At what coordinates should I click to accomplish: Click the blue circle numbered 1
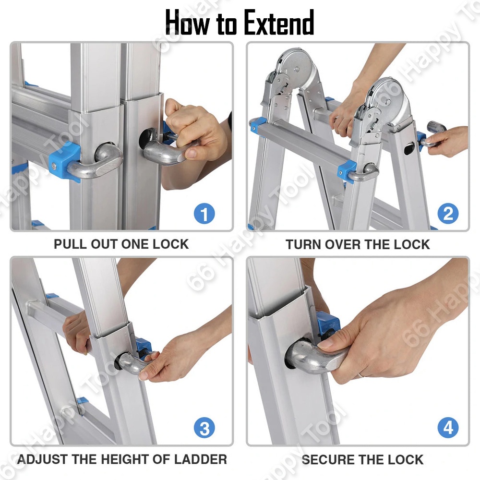click(x=204, y=214)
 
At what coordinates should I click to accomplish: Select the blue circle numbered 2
click(x=448, y=214)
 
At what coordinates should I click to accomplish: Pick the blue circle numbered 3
click(x=204, y=428)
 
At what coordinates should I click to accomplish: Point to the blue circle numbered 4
click(x=448, y=428)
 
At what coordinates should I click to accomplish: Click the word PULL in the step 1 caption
click(x=70, y=244)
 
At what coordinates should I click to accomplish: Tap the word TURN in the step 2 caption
click(x=303, y=245)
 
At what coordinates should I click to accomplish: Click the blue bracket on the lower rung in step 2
click(x=347, y=172)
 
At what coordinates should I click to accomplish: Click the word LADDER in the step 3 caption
click(x=201, y=459)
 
